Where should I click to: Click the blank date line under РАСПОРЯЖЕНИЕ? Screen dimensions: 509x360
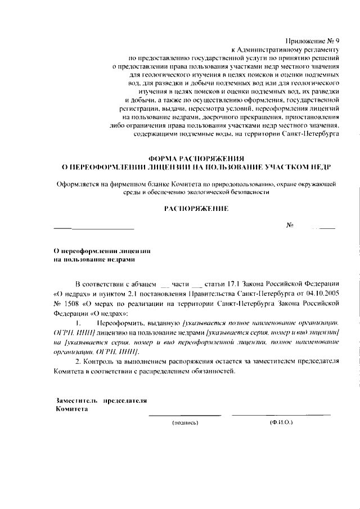tap(94, 228)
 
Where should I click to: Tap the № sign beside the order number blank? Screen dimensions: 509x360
tap(291, 225)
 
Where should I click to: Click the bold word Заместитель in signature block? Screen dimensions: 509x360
tap(77, 400)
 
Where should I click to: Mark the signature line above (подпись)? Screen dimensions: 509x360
tap(184, 415)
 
